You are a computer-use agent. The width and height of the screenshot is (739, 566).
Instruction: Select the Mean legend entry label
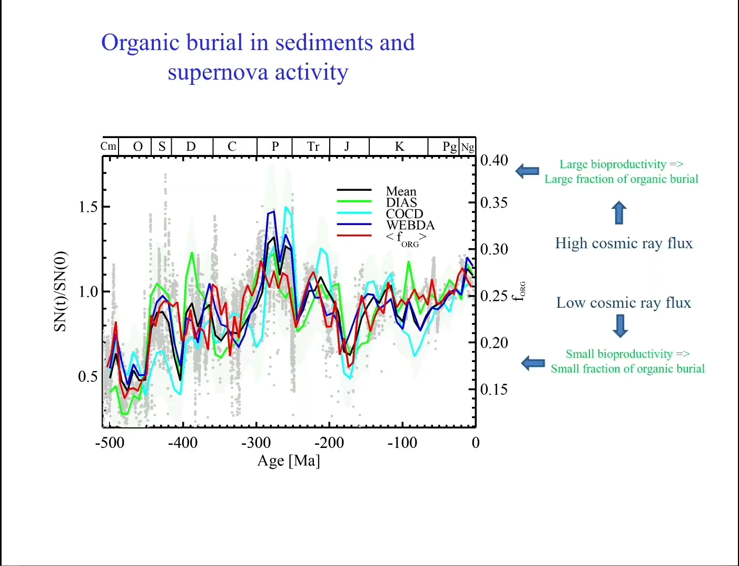pyautogui.click(x=401, y=191)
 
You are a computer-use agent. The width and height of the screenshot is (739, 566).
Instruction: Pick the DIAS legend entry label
pyautogui.click(x=401, y=202)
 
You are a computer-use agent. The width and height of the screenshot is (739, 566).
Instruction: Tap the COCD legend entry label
pyautogui.click(x=405, y=213)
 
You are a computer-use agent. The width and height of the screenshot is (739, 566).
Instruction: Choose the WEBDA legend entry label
pyautogui.click(x=410, y=225)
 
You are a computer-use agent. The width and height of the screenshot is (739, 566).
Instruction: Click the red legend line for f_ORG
pyautogui.click(x=354, y=236)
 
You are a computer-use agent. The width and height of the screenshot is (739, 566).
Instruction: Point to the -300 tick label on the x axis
pyautogui.click(x=256, y=443)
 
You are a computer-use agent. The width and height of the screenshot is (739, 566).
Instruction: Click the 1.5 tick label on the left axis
pyautogui.click(x=88, y=207)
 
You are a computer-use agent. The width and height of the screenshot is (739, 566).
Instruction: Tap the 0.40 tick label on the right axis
pyautogui.click(x=494, y=160)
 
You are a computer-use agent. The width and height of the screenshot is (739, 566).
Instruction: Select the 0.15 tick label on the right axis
pyautogui.click(x=494, y=389)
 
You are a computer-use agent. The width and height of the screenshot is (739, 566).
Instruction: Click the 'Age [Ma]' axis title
pyautogui.click(x=289, y=461)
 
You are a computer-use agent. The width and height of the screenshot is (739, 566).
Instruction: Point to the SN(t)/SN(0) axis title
pyautogui.click(x=61, y=291)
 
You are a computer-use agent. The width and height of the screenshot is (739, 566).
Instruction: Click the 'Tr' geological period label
pyautogui.click(x=313, y=147)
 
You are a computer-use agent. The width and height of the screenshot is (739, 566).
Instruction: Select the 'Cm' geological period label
pyautogui.click(x=109, y=147)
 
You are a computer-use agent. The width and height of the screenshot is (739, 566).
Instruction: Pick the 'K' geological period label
pyautogui.click(x=400, y=147)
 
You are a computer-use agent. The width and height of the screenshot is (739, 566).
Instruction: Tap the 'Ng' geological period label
pyautogui.click(x=468, y=147)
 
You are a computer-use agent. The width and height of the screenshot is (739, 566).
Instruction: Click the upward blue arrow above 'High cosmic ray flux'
pyautogui.click(x=619, y=212)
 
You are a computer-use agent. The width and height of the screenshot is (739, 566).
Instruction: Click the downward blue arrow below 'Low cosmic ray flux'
pyautogui.click(x=620, y=326)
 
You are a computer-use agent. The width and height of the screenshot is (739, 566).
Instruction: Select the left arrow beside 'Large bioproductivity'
pyautogui.click(x=527, y=171)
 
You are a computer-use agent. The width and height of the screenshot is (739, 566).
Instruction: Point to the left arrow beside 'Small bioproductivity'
pyautogui.click(x=533, y=363)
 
